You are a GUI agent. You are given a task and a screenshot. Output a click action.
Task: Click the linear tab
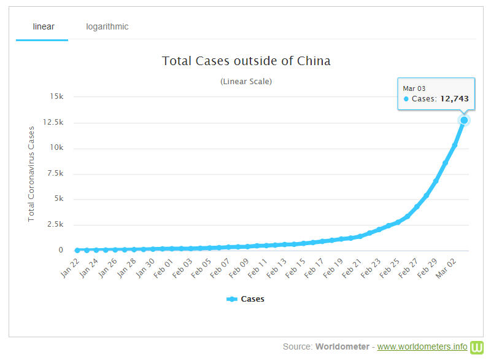pos(43,27)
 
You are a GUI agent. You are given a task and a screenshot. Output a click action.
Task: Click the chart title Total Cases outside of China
pos(246,61)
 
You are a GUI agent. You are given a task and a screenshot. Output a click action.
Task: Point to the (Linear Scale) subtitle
pos(246,81)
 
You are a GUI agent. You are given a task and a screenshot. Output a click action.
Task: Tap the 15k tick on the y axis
pos(56,96)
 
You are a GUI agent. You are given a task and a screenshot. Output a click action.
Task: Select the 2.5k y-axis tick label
pos(54,225)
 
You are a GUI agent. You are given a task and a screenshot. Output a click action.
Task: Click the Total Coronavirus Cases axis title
pos(31,173)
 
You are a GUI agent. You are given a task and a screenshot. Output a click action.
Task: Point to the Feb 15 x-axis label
pos(296,268)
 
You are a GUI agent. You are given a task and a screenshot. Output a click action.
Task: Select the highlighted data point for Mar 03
pos(464,120)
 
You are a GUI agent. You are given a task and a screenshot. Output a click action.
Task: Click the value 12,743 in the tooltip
pos(455,98)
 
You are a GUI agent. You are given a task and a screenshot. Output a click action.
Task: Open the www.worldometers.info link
pos(422,347)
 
